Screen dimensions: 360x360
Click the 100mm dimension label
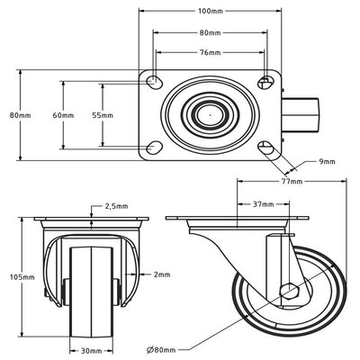click(210, 11)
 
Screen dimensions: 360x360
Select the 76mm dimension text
click(210, 52)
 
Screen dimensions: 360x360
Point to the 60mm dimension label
click(63, 115)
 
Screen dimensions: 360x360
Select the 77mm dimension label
click(290, 181)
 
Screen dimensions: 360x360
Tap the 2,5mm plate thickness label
click(115, 205)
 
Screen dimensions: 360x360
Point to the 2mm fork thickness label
click(162, 274)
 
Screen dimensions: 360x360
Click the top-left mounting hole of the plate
click(155, 83)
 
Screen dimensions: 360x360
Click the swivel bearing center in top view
click(208, 115)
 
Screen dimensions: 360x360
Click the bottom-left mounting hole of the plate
click(155, 147)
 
